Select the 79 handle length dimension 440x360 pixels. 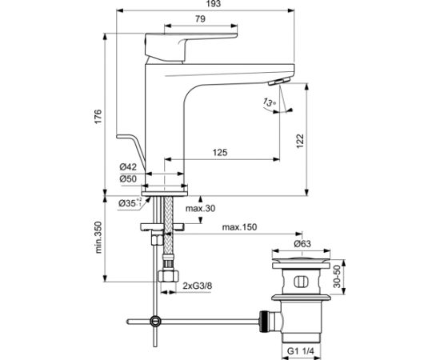pyautogui.click(x=200, y=19)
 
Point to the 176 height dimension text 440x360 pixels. pyautogui.click(x=98, y=117)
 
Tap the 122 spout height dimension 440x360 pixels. pyautogui.click(x=300, y=141)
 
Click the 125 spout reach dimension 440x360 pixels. pyautogui.click(x=220, y=152)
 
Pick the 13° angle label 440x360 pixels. pyautogui.click(x=270, y=102)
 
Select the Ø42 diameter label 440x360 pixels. pyautogui.click(x=128, y=167)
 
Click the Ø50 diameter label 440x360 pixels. pyautogui.click(x=128, y=178)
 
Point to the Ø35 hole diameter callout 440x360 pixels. pyautogui.click(x=130, y=202)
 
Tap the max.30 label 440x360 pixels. pyautogui.click(x=200, y=209)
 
